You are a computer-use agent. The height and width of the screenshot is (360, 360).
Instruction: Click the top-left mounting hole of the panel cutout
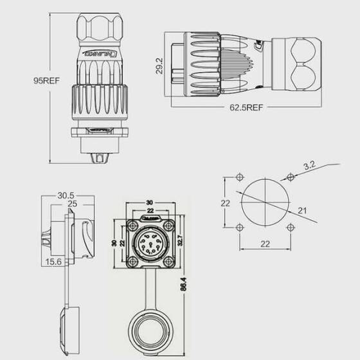[x=239, y=177]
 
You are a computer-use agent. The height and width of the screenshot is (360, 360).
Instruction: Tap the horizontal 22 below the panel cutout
[x=264, y=244]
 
